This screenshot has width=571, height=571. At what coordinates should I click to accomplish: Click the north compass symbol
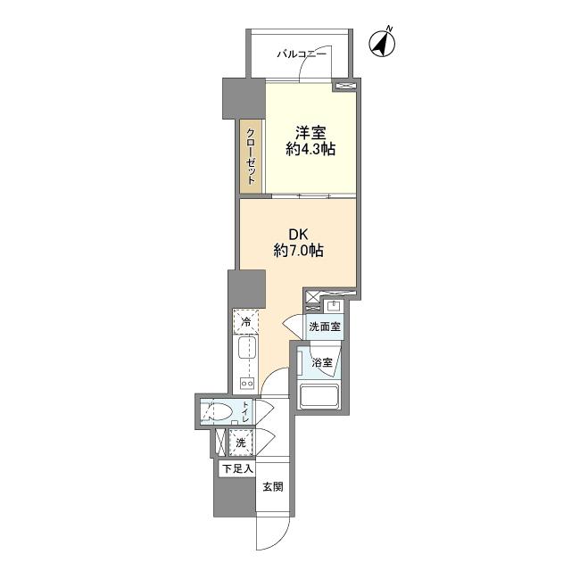click(x=382, y=43)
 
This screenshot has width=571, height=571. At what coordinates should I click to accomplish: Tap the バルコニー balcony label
click(x=302, y=54)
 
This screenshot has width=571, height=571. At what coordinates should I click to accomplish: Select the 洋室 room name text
click(x=310, y=133)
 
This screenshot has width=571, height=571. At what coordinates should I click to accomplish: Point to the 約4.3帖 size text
click(x=310, y=149)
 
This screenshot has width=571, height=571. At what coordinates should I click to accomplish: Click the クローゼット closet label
click(x=250, y=156)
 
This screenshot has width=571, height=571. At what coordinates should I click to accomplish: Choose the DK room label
click(x=299, y=235)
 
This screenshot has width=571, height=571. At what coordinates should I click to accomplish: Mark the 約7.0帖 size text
click(x=299, y=251)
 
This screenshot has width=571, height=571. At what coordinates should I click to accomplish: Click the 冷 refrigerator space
click(x=246, y=321)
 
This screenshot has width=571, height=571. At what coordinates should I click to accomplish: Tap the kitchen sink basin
click(x=246, y=348)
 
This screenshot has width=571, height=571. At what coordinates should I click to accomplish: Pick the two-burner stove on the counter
click(x=246, y=383)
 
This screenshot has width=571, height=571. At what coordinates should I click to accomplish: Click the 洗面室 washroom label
click(x=325, y=327)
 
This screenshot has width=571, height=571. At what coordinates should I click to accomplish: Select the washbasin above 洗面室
click(x=334, y=306)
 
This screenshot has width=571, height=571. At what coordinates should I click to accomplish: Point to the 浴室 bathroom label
click(x=322, y=363)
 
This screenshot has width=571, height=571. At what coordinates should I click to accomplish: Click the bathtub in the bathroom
click(x=319, y=396)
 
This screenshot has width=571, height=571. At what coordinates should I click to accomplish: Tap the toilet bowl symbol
click(x=218, y=413)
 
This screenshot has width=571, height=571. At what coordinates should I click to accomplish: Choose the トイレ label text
click(x=246, y=411)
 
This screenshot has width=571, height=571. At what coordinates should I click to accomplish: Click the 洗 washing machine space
click(x=241, y=443)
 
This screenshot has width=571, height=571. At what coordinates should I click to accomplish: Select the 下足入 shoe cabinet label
click(x=237, y=469)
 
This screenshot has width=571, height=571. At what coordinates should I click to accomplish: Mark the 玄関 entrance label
click(x=273, y=486)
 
